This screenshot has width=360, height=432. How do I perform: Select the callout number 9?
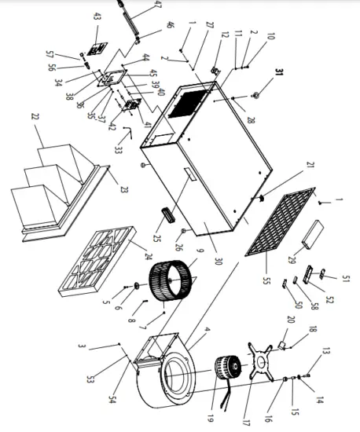200,252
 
